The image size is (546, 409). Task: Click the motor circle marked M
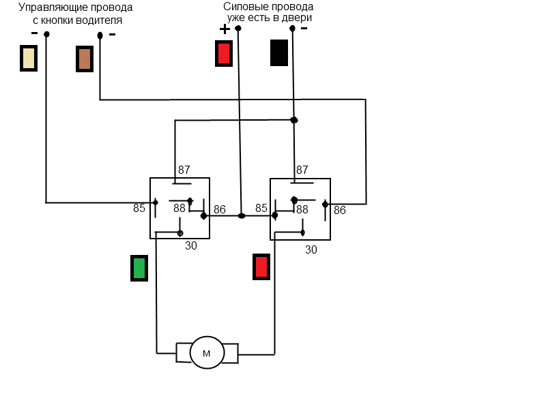pyautogui.click(x=207, y=353)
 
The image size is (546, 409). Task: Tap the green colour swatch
pyautogui.click(x=139, y=267)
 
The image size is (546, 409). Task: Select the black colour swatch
pyautogui.click(x=278, y=52)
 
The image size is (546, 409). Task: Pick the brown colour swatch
pyautogui.click(x=84, y=59)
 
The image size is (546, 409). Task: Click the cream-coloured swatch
pyautogui.click(x=29, y=58)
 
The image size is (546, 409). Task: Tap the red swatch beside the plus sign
pyautogui.click(x=223, y=53)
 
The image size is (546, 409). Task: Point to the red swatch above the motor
pyautogui.click(x=261, y=266)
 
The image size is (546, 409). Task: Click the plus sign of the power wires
pyautogui.click(x=225, y=29)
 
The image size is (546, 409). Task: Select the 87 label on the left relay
pyautogui.click(x=184, y=170)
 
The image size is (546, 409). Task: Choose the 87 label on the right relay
pyautogui.click(x=302, y=170)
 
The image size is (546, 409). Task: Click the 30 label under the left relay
pyautogui.click(x=191, y=245)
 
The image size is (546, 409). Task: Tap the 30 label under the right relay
pyautogui.click(x=311, y=249)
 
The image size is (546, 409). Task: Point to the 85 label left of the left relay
pyautogui.click(x=139, y=208)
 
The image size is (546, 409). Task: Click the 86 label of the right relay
pyautogui.click(x=340, y=210)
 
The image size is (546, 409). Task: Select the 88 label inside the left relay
pyautogui.click(x=179, y=208)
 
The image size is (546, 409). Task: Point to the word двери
pyautogui.click(x=298, y=18)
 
